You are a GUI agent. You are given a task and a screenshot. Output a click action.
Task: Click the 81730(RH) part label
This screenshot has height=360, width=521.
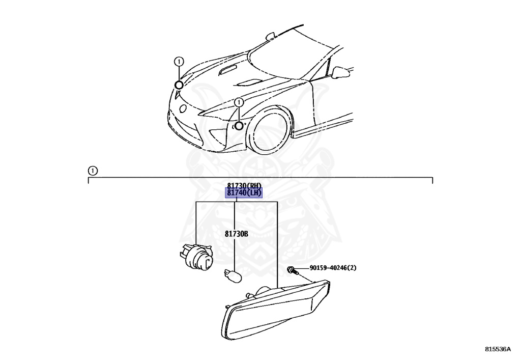[244, 185]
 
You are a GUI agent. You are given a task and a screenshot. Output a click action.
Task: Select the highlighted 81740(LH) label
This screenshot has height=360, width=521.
[244, 193]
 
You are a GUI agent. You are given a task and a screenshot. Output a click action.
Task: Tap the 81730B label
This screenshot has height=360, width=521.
[237, 234]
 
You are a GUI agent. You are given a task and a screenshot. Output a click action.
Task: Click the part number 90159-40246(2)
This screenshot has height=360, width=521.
[333, 268]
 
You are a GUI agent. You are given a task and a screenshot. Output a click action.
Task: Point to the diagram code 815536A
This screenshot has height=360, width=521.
[498, 349]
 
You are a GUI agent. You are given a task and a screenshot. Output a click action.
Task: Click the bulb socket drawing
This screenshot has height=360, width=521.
[196, 257]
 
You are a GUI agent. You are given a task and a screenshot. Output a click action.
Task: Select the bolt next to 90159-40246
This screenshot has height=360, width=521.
[293, 270]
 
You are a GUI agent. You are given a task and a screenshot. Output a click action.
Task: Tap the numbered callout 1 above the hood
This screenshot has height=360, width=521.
[179, 62]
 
